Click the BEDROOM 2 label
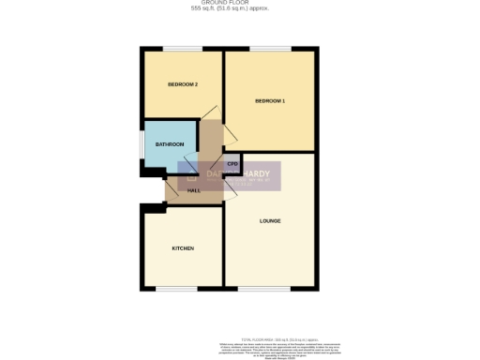(183, 85)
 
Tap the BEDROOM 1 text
(270, 100)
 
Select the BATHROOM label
(170, 143)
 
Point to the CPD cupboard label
(232, 164)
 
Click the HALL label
(194, 190)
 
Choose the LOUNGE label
(271, 220)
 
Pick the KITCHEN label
(183, 248)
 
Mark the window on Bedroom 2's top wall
(183, 49)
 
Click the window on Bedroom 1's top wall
(270, 49)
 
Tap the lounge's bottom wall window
(270, 288)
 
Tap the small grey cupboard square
(232, 163)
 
